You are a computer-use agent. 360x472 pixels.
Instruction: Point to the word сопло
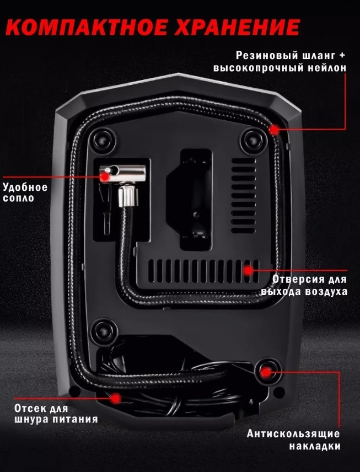pyautogui.click(x=18, y=198)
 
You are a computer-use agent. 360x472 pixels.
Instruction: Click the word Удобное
pyautogui.click(x=25, y=187)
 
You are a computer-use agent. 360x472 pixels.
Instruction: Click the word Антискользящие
pyautogui.click(x=293, y=434)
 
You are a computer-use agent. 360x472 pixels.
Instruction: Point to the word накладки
pyautogui.click(x=315, y=446)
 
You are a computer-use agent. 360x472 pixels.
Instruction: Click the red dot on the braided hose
pyautogui.click(x=273, y=130)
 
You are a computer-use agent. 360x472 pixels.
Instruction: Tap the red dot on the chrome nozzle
pyautogui.click(x=104, y=176)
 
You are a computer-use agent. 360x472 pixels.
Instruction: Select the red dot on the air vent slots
pyautogui.click(x=248, y=270)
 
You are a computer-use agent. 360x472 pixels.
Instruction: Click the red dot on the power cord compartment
pyautogui.click(x=116, y=398)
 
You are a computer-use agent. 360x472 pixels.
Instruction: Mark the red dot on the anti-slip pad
pyautogui.click(x=266, y=372)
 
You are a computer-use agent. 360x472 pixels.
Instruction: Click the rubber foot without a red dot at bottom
pyautogui.click(x=104, y=332)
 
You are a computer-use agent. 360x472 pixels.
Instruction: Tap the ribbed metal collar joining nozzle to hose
pyautogui.click(x=125, y=196)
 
